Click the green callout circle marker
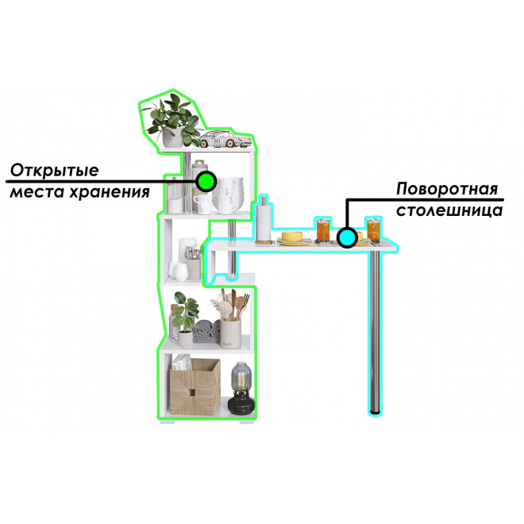(206, 182)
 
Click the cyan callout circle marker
(347, 237)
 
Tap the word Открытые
(55, 170)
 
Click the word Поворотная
(447, 189)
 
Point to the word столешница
(449, 210)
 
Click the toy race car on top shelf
(225, 139)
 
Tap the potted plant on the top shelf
(172, 121)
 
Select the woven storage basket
(195, 387)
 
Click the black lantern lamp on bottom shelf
(241, 388)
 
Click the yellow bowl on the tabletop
(292, 237)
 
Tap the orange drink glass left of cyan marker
(323, 230)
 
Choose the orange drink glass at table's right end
(373, 230)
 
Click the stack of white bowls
(231, 195)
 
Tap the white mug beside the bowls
(202, 203)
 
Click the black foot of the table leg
(376, 414)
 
